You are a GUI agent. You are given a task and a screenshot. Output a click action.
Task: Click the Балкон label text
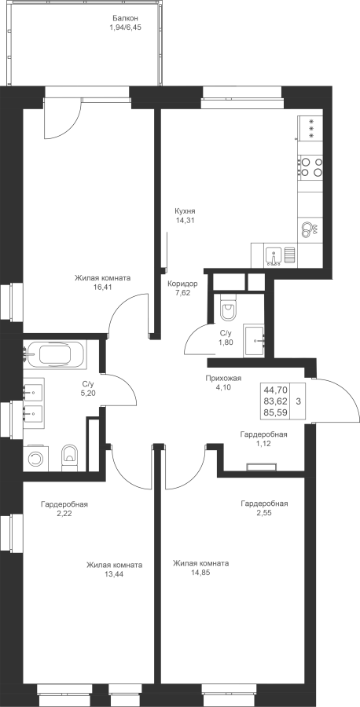point(125,19)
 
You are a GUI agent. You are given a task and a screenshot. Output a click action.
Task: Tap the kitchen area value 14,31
point(185,221)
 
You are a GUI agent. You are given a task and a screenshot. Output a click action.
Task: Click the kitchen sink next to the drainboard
point(274,255)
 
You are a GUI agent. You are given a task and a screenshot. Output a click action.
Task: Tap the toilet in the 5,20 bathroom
point(69,458)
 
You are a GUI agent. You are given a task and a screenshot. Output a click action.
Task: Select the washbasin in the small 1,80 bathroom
point(255,340)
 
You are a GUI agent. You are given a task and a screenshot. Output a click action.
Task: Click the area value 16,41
point(103,288)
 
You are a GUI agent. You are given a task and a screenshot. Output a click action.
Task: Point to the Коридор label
point(182,284)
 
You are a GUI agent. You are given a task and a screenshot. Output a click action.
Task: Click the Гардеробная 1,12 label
point(263,439)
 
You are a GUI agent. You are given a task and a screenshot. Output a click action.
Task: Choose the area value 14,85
point(200,573)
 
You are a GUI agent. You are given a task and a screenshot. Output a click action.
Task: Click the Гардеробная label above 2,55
point(264,504)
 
